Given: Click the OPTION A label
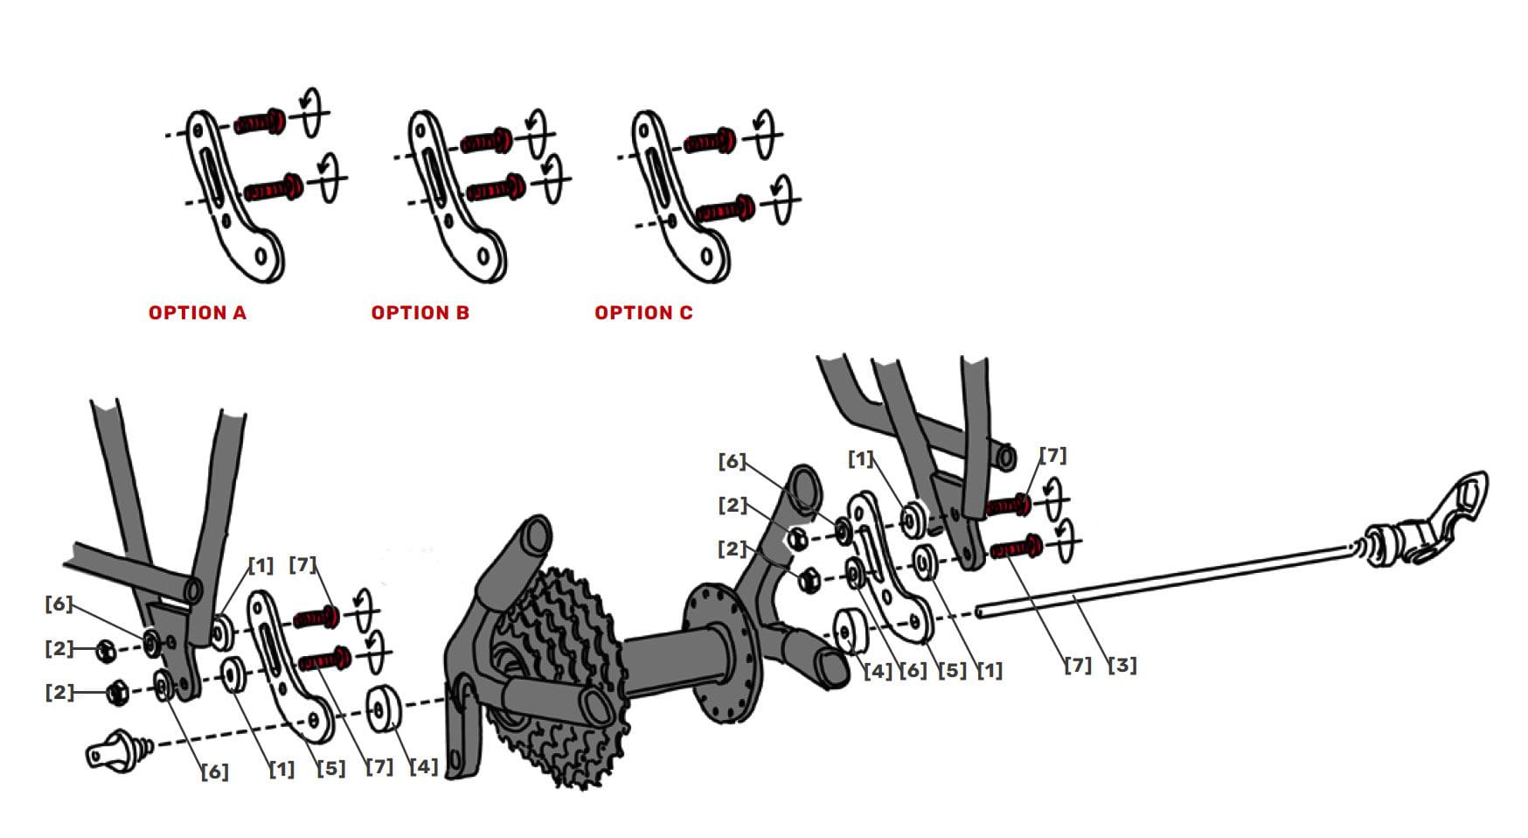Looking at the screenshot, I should pyautogui.click(x=198, y=313).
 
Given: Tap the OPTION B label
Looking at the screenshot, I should pyautogui.click(x=420, y=313).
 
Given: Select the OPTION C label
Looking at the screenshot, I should pyautogui.click(x=643, y=313).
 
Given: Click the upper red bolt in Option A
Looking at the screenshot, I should pyautogui.click(x=259, y=122).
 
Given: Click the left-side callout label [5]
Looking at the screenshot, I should pyautogui.click(x=330, y=769).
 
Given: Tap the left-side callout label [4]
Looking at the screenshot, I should pyautogui.click(x=423, y=767).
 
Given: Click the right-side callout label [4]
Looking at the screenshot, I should pyautogui.click(x=878, y=671).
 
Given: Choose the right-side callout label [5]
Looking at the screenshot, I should pyautogui.click(x=952, y=671).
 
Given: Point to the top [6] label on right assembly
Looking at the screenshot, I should pyautogui.click(x=732, y=461).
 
